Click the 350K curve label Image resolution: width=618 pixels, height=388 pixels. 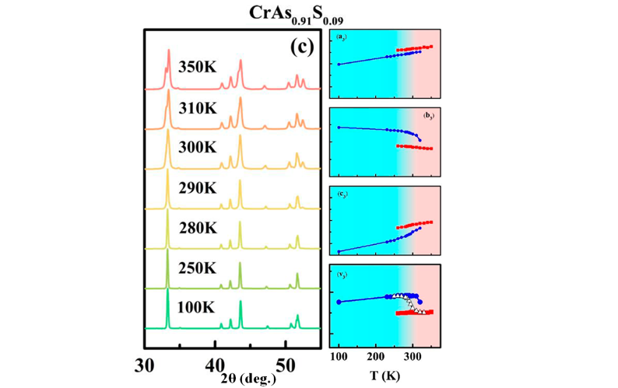(x=199, y=67)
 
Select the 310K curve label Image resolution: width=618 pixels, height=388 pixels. (x=199, y=107)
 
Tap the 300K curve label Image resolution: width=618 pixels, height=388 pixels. (x=199, y=147)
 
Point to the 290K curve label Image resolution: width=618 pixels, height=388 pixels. (x=199, y=187)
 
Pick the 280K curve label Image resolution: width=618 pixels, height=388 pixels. (x=199, y=228)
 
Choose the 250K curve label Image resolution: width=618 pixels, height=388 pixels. (x=199, y=268)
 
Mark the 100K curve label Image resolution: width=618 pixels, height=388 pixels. (x=199, y=308)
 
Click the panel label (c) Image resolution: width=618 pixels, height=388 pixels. (x=301, y=47)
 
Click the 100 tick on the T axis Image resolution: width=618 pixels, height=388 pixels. (x=339, y=357)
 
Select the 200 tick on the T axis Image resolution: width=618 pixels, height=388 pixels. (x=377, y=357)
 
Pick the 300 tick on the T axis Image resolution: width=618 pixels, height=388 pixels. (x=413, y=357)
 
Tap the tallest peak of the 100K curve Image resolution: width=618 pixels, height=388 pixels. (x=167, y=292)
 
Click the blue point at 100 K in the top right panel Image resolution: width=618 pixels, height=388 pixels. (x=339, y=65)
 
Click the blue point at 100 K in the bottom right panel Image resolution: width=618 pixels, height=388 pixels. (x=339, y=302)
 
